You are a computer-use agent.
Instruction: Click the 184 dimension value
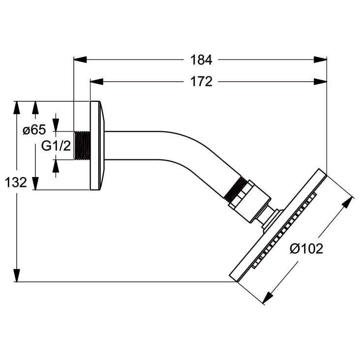click(201, 60)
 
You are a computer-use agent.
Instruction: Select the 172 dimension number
click(201, 82)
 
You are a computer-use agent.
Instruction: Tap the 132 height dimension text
click(16, 182)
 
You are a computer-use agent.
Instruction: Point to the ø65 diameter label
click(34, 130)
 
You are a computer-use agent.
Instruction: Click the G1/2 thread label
click(56, 146)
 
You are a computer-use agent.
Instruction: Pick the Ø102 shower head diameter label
click(306, 248)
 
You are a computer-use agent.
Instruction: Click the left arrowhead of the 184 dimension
click(80, 60)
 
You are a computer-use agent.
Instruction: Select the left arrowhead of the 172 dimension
click(97, 82)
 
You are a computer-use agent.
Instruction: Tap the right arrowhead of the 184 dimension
click(320, 60)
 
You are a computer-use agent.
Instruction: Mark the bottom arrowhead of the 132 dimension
click(17, 275)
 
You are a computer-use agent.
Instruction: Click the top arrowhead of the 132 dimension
click(17, 107)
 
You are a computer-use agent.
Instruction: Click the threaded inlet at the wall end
click(82, 146)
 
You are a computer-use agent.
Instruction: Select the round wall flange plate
click(97, 146)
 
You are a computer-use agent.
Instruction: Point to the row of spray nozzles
click(284, 230)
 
